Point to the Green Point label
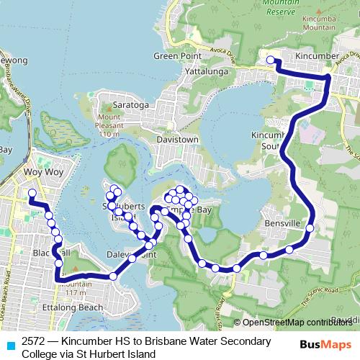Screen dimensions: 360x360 [174, 57]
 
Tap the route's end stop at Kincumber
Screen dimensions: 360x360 [271, 60]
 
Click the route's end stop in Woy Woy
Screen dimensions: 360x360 [32, 193]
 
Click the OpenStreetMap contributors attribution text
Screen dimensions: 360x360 [297, 323]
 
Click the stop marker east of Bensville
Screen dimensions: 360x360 [310, 228]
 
